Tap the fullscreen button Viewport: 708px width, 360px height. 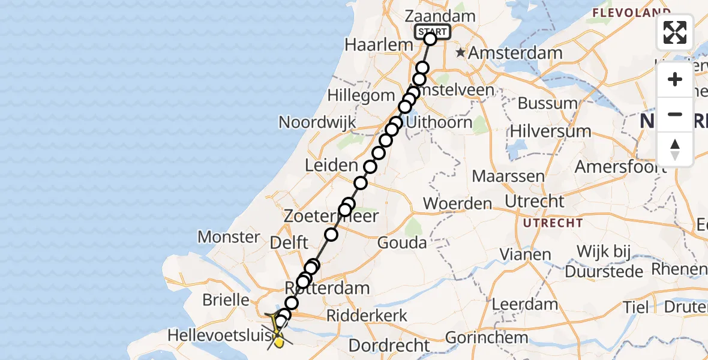[675, 32]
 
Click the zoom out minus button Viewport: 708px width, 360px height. [675, 115]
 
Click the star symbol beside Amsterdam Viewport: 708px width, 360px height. [460, 53]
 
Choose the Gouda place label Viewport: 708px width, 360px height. [402, 243]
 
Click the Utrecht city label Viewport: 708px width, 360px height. [535, 201]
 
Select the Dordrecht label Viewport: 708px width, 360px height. [389, 346]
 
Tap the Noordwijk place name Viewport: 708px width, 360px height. [317, 122]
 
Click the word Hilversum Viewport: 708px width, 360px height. [550, 131]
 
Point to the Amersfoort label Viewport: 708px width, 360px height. [620, 166]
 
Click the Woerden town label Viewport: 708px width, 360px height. [457, 204]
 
